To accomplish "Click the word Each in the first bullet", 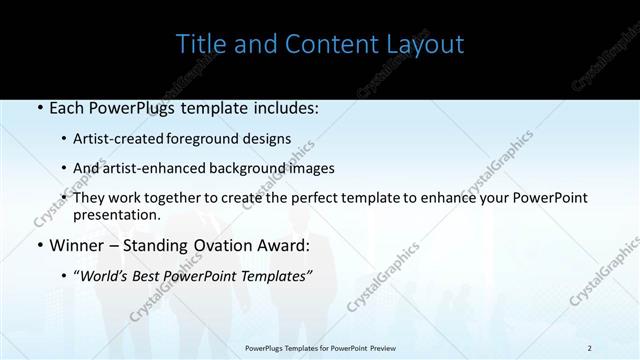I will click(x=66, y=105).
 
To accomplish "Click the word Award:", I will click(x=282, y=244).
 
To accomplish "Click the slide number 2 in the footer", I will click(x=590, y=348).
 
